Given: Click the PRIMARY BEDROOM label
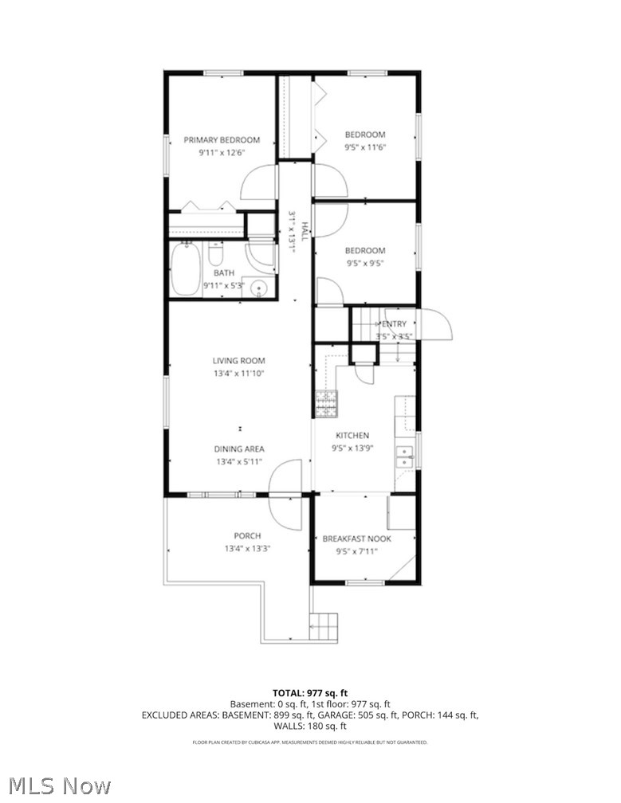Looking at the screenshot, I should point(222,140).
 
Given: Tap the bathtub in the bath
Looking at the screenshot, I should point(185,270).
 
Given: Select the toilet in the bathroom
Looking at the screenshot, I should point(215,254).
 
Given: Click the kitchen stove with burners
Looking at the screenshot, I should point(325,404).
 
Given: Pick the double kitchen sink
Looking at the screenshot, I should point(406,456).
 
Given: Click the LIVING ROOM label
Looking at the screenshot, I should point(238,361).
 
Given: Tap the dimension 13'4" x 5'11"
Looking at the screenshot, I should point(240,461).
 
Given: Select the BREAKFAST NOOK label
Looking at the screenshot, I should point(356,539).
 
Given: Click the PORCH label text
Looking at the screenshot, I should point(247,535).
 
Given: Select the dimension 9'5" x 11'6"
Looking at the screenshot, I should point(365,147).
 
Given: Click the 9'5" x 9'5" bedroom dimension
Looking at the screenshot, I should point(365,263).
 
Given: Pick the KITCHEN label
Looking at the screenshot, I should point(352,436).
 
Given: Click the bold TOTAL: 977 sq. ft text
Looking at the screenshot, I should point(310,692).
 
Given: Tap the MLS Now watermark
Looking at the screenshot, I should point(56,785).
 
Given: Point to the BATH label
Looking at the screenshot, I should point(224,272).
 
